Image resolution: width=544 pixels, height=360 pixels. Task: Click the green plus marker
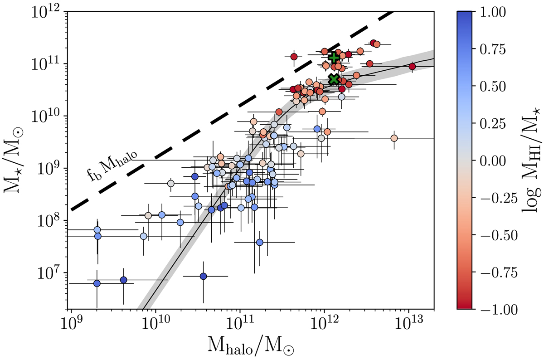(x=334, y=58)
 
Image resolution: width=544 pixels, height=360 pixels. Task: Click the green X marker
(x=334, y=79)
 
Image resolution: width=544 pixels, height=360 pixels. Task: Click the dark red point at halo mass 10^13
(x=412, y=67)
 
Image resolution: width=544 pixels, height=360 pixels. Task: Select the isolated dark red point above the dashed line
(x=294, y=57)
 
